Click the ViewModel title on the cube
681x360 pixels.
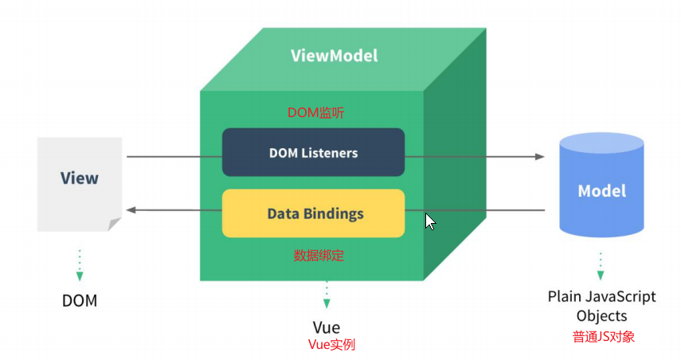pyautogui.click(x=334, y=56)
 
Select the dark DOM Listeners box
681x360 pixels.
pyautogui.click(x=313, y=152)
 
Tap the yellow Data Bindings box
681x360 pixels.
pyautogui.click(x=313, y=213)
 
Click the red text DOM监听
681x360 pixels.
pyautogui.click(x=315, y=113)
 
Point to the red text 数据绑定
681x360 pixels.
pyautogui.click(x=319, y=256)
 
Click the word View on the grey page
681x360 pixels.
pyautogui.click(x=80, y=178)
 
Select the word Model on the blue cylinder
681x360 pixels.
pyautogui.click(x=602, y=190)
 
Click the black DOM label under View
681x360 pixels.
pyautogui.click(x=80, y=300)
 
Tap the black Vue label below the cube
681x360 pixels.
pyautogui.click(x=327, y=327)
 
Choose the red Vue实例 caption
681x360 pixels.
pyautogui.click(x=331, y=344)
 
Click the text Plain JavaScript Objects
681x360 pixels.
pyautogui.click(x=601, y=306)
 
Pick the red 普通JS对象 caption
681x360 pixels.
pyautogui.click(x=604, y=337)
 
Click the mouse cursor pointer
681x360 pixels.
pyautogui.click(x=430, y=221)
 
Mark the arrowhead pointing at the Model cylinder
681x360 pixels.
pyautogui.click(x=540, y=156)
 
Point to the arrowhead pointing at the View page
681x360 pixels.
pyautogui.click(x=131, y=210)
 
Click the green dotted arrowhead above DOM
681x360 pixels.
pyautogui.click(x=80, y=276)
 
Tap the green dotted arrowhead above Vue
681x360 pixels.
pyautogui.click(x=327, y=303)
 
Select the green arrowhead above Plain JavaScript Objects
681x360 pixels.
pyautogui.click(x=601, y=275)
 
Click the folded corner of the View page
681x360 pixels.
pyautogui.click(x=114, y=224)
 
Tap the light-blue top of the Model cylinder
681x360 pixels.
pyautogui.click(x=601, y=143)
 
